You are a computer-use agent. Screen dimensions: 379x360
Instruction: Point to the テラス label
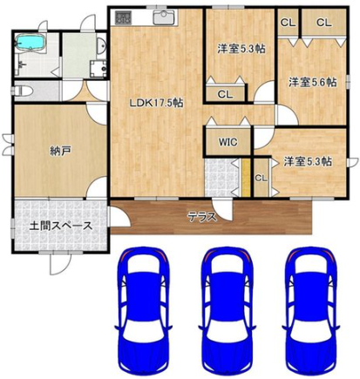[x=202, y=216]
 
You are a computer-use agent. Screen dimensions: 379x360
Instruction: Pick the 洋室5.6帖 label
[x=311, y=83]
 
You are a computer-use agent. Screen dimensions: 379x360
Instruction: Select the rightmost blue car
[x=311, y=300]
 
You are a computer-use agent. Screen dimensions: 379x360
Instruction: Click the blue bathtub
[x=31, y=43]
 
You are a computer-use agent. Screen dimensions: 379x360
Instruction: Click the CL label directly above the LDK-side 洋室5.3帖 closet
[x=224, y=94]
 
